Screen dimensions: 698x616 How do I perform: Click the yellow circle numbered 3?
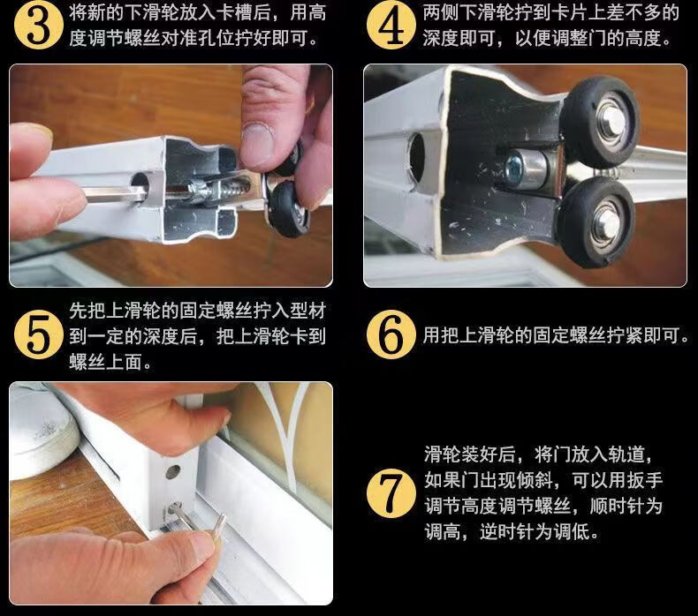(x=39, y=26)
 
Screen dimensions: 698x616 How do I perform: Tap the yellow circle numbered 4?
(x=391, y=26)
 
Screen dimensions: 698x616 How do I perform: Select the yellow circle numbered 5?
(x=38, y=334)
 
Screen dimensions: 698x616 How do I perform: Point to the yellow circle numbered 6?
(x=391, y=334)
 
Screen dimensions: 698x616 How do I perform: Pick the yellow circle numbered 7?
(x=391, y=493)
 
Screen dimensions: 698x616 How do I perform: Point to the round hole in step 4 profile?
(x=417, y=154)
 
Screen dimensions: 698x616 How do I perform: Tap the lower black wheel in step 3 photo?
(x=288, y=208)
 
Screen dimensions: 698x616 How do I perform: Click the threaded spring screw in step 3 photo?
(x=215, y=190)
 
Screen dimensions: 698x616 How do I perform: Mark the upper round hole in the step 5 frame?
(x=172, y=471)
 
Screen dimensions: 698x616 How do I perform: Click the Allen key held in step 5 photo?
(x=201, y=522)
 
